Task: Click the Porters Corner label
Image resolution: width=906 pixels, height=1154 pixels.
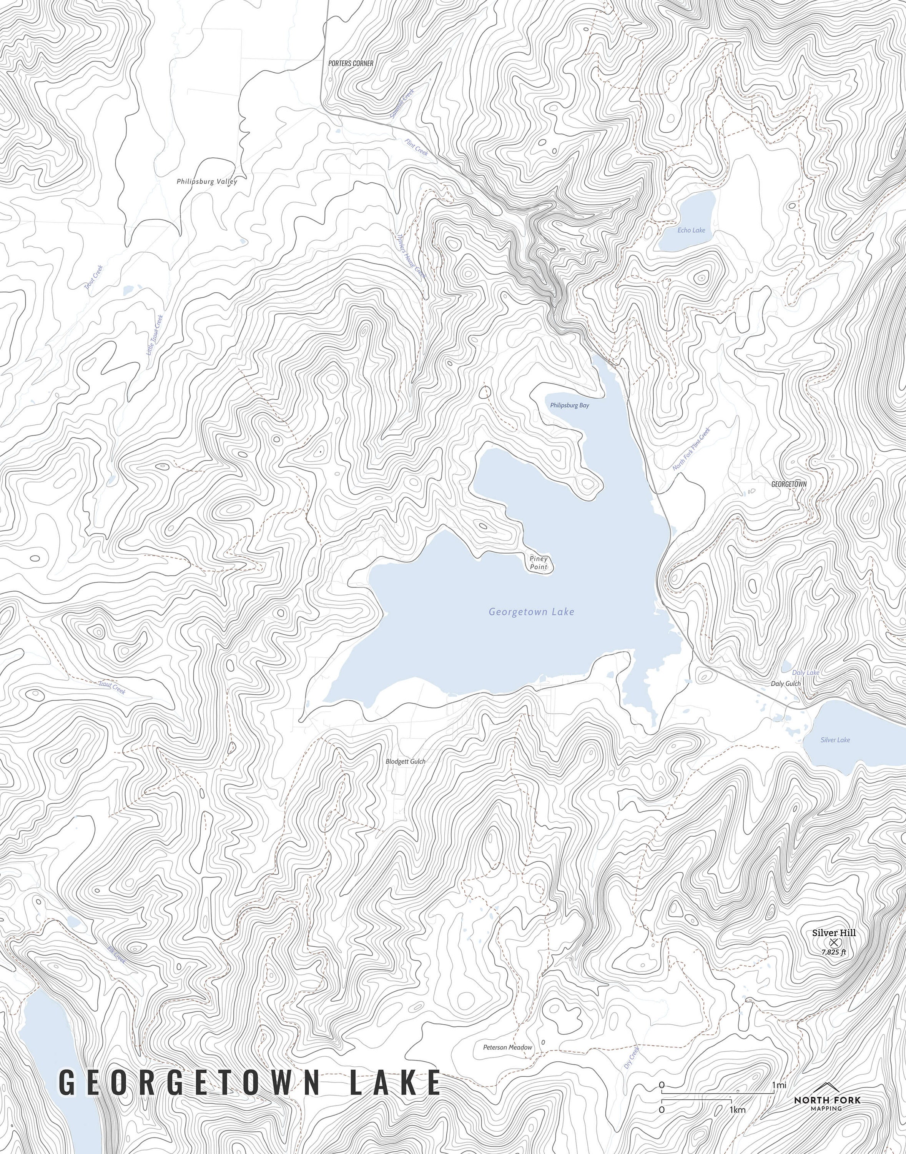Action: [x=351, y=63]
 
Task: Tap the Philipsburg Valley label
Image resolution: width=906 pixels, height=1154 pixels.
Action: [x=207, y=182]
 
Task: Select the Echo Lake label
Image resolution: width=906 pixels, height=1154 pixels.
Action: [x=691, y=230]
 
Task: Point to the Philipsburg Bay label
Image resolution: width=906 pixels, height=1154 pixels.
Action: [x=569, y=405]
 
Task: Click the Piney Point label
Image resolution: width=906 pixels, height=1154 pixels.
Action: [x=539, y=563]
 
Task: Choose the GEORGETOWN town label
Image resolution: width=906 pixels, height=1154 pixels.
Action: [x=789, y=484]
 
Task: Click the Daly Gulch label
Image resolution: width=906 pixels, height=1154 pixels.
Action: [x=786, y=684]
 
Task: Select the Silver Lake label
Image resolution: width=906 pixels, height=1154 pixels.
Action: [x=835, y=740]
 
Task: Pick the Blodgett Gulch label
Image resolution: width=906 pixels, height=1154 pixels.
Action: [x=405, y=761]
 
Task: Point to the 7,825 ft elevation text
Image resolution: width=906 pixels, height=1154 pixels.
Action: [x=834, y=952]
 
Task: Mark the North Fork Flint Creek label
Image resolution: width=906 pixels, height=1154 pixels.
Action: [x=691, y=449]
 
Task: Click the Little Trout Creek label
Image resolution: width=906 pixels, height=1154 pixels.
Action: [x=155, y=335]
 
